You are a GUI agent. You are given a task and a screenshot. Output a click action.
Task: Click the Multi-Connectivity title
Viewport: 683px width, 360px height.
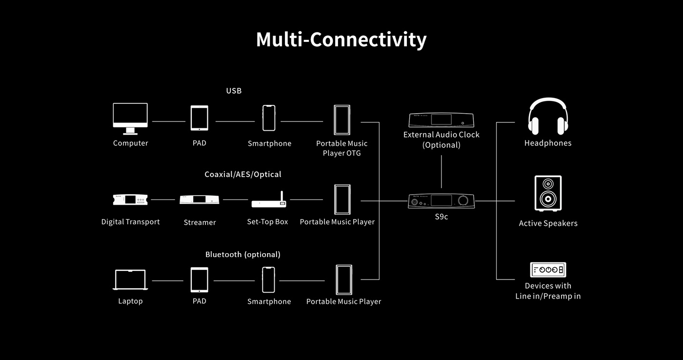pyautogui.click(x=341, y=40)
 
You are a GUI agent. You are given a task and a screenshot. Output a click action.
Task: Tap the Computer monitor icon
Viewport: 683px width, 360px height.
pyautogui.click(x=130, y=118)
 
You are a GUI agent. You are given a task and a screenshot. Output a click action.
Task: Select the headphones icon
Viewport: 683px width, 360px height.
pyautogui.click(x=547, y=117)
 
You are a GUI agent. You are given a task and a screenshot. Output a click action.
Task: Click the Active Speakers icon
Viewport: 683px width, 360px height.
pyautogui.click(x=548, y=193)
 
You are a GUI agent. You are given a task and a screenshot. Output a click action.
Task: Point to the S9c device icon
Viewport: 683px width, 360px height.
pyautogui.click(x=441, y=200)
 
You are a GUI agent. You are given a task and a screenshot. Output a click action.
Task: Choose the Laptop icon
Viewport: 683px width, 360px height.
pyautogui.click(x=130, y=280)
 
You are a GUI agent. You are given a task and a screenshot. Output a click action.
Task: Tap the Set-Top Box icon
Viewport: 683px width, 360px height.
pyautogui.click(x=269, y=201)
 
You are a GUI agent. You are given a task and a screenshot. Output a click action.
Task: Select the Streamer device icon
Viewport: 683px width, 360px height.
pyautogui.click(x=199, y=200)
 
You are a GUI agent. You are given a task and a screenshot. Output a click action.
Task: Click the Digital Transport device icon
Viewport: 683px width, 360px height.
pyautogui.click(x=130, y=200)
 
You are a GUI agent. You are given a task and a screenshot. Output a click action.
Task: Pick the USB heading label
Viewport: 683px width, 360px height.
pyautogui.click(x=234, y=91)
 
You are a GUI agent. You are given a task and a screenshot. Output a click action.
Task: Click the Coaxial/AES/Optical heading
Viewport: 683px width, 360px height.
pyautogui.click(x=243, y=174)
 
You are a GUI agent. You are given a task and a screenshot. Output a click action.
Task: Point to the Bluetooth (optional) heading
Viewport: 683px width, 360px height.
pyautogui.click(x=243, y=255)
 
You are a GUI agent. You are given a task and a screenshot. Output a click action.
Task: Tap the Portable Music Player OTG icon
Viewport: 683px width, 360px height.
pyautogui.click(x=341, y=120)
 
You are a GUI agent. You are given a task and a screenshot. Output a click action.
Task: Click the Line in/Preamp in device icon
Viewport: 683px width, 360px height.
pyautogui.click(x=548, y=270)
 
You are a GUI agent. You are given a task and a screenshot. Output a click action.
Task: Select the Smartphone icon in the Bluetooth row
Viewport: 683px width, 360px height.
pyautogui.click(x=268, y=280)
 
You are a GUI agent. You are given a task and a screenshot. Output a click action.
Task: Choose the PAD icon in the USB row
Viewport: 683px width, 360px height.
pyautogui.click(x=199, y=118)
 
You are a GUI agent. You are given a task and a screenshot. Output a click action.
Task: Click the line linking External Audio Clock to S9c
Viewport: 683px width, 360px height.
pyautogui.click(x=442, y=172)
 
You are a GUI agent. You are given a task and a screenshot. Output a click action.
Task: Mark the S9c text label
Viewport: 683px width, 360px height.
pyautogui.click(x=442, y=217)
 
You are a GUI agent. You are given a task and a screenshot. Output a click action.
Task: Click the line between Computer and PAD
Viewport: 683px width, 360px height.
pyautogui.click(x=169, y=121)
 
